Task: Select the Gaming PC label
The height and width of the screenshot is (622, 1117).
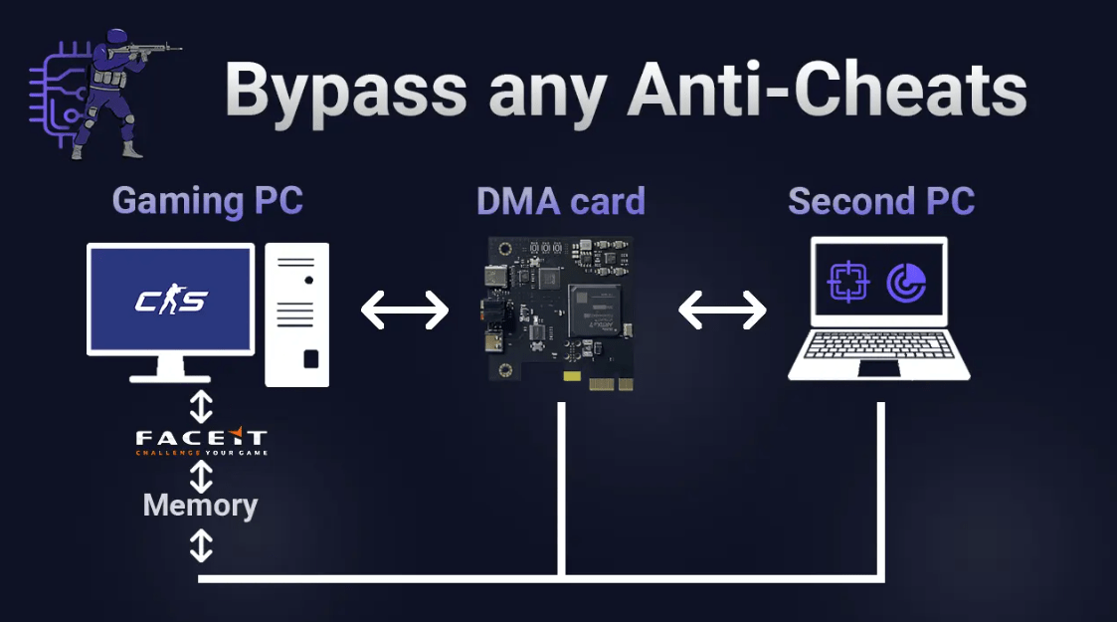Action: (207, 201)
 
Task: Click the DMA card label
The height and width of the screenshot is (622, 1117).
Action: (561, 201)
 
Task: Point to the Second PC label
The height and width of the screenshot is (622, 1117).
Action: (881, 201)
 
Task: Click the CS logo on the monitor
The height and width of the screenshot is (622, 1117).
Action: (170, 300)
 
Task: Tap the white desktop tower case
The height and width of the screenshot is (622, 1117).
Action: (296, 314)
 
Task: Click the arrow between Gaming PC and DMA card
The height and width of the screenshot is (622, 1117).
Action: (405, 311)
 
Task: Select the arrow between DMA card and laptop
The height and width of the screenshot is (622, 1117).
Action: (722, 311)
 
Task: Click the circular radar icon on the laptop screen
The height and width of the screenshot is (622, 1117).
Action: (906, 283)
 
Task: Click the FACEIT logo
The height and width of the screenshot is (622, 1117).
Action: (201, 440)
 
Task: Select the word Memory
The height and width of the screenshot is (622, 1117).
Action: (200, 505)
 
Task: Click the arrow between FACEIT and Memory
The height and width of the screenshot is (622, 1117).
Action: (201, 474)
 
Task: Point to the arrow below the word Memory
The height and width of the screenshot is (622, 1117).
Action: (201, 544)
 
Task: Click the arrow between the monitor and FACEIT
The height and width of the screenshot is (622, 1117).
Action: (201, 406)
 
